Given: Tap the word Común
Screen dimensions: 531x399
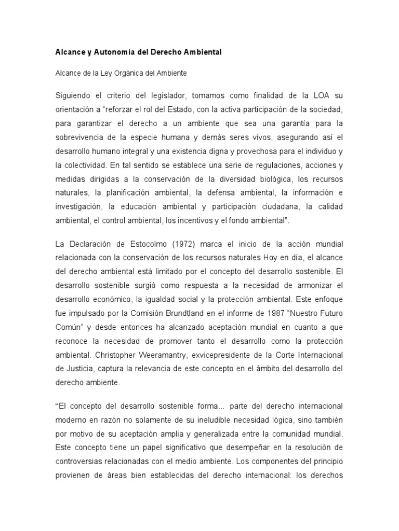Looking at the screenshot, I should [x=69, y=328].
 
